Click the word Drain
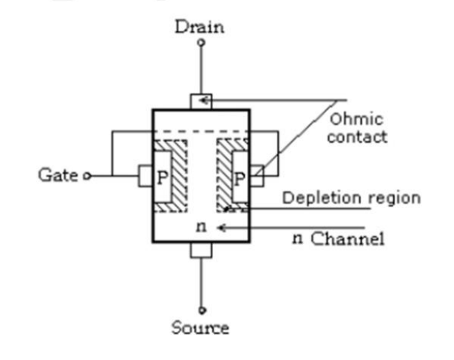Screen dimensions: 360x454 click(x=199, y=27)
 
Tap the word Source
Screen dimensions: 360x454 click(x=200, y=327)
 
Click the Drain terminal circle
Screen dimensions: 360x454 click(x=201, y=44)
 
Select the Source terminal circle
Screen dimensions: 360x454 click(x=201, y=310)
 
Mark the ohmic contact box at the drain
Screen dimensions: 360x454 click(x=200, y=101)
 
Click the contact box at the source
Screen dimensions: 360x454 click(x=200, y=250)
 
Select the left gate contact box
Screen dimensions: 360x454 click(x=145, y=176)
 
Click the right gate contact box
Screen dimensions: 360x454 click(x=257, y=176)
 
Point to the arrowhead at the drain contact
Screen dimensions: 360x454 click(x=205, y=101)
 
